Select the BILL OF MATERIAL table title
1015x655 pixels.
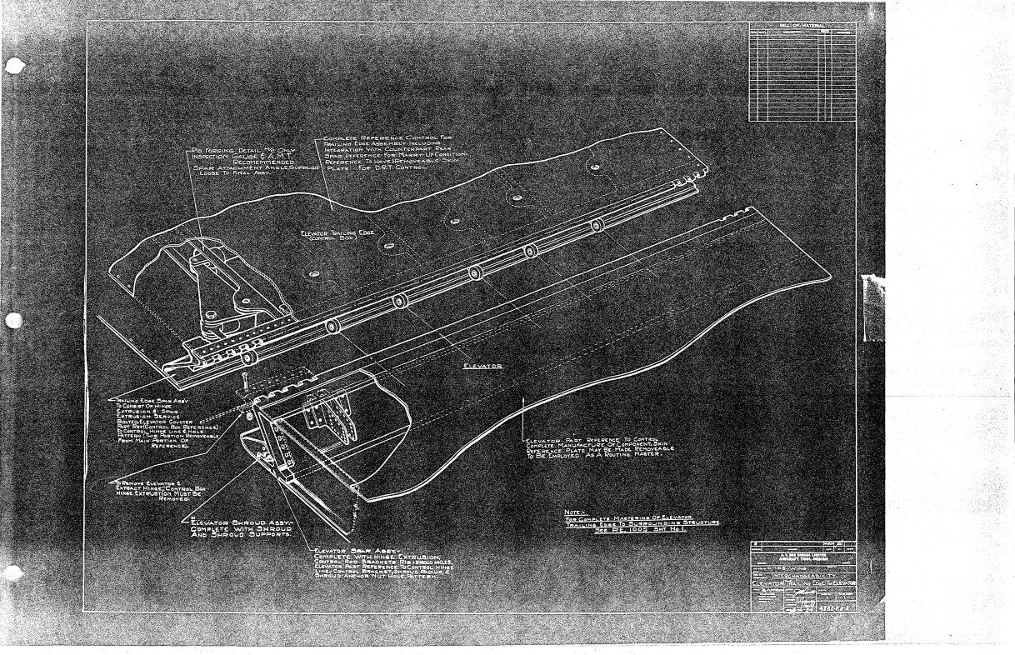point(800,26)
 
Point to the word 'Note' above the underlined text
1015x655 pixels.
point(572,512)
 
